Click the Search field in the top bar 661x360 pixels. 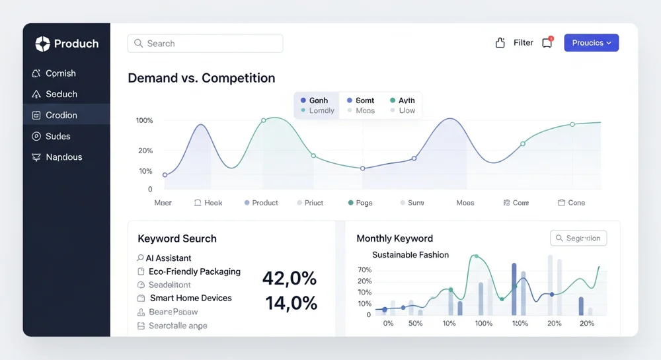click(x=205, y=44)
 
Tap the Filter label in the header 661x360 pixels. click(x=523, y=43)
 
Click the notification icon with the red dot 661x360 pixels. click(x=547, y=43)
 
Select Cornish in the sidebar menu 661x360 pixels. click(x=60, y=73)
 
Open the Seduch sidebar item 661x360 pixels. click(x=61, y=94)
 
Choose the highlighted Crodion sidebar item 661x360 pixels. click(x=61, y=115)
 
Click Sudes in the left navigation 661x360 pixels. click(x=58, y=136)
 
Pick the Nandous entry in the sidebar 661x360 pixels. click(x=64, y=157)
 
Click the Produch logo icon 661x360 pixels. click(x=42, y=44)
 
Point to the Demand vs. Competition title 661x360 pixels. click(x=201, y=78)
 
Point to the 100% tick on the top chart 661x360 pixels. click(x=145, y=121)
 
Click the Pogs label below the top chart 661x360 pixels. click(x=364, y=203)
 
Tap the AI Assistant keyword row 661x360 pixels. click(x=168, y=258)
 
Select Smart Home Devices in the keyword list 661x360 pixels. click(x=190, y=298)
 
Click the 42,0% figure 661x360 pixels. click(x=289, y=279)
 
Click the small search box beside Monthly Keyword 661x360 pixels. click(x=578, y=238)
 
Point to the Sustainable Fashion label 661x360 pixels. click(x=410, y=255)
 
